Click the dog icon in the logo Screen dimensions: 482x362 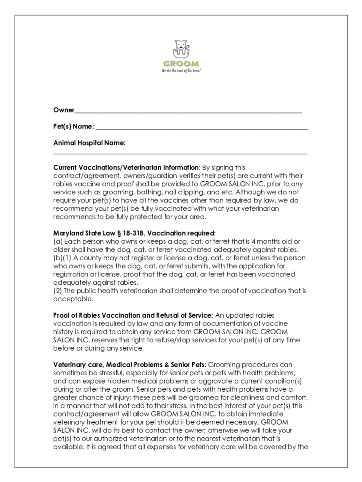click(x=181, y=48)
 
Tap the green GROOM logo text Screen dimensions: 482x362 click(x=181, y=64)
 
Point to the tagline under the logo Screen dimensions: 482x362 click(x=181, y=71)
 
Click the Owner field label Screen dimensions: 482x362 click(x=63, y=110)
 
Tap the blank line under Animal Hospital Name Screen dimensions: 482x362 click(x=180, y=153)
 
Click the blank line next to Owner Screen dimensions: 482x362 click(x=188, y=112)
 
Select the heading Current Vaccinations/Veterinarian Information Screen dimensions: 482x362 click(x=126, y=168)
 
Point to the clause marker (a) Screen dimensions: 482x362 click(x=57, y=241)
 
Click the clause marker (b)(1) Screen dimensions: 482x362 click(x=62, y=258)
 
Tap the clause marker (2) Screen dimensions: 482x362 click(x=57, y=291)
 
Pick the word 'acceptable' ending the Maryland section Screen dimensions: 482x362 click(x=73, y=299)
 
